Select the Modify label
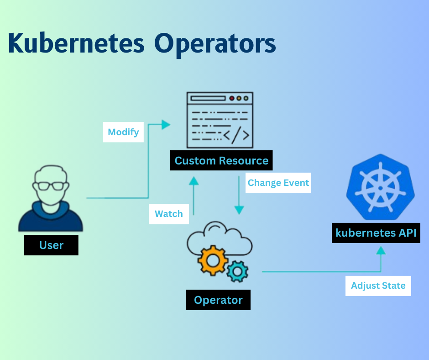pyautogui.click(x=123, y=132)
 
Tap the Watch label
pyautogui.click(x=169, y=214)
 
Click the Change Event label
pyautogui.click(x=278, y=183)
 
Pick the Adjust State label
pyautogui.click(x=378, y=286)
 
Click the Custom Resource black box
pyautogui.click(x=221, y=161)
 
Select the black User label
pyautogui.click(x=51, y=245)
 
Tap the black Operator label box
pyautogui.click(x=218, y=300)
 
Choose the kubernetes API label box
pyautogui.click(x=376, y=233)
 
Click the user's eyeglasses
pyautogui.click(x=51, y=185)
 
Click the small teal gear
pyautogui.click(x=237, y=271)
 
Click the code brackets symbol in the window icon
pyautogui.click(x=236, y=135)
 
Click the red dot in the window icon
pyautogui.click(x=232, y=98)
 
